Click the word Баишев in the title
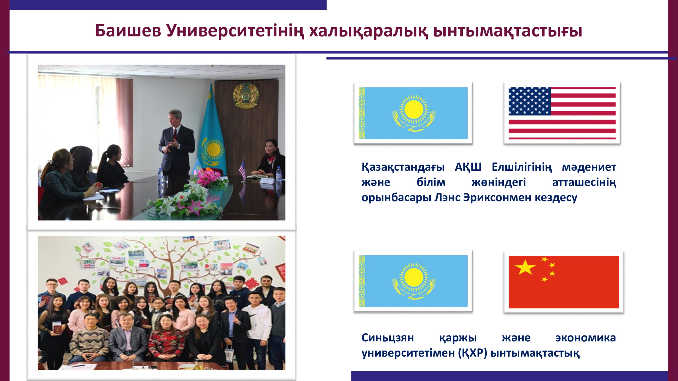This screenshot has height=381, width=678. pos(128,30)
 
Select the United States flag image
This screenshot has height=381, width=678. pos(562,113)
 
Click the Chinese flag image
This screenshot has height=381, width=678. pos(564,282)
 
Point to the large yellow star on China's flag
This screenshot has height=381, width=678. pos(525,267)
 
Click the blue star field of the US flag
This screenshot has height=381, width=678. pos(529,101)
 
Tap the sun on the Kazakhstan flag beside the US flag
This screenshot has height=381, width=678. pos(414,110)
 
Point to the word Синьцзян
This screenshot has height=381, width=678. pos(388,338)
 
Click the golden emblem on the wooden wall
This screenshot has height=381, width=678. pos(246,96)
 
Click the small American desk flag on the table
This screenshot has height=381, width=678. pos(243,169)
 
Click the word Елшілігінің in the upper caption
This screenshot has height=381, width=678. pos(522,167)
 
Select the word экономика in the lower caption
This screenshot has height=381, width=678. pos(586,338)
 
